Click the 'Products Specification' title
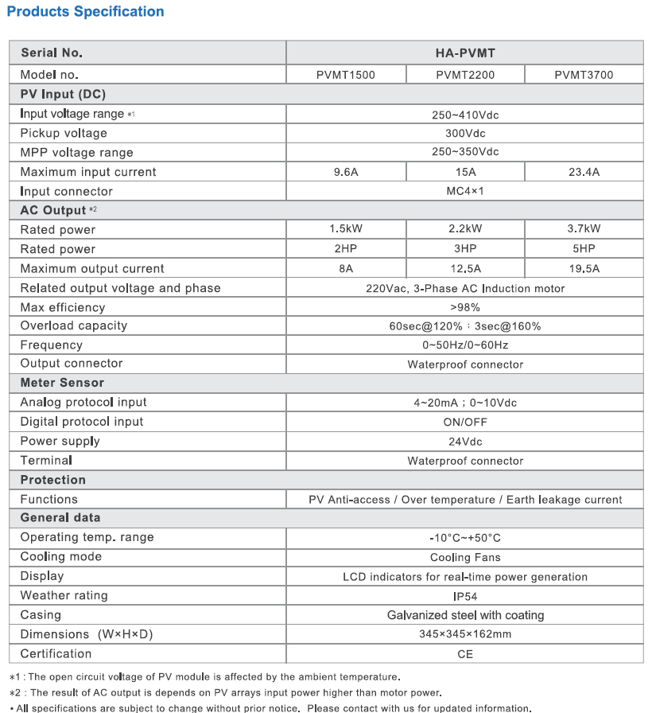click(x=85, y=12)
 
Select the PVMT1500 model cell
click(x=346, y=75)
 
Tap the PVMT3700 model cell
click(x=584, y=75)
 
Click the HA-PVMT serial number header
click(x=465, y=53)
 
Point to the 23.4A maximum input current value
click(x=584, y=172)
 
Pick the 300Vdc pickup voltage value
click(x=465, y=133)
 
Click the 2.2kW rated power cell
click(x=465, y=229)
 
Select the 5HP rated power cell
click(x=584, y=249)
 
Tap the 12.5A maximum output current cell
click(x=465, y=269)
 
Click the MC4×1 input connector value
click(x=465, y=191)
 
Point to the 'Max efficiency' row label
click(x=63, y=307)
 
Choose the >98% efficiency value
click(x=465, y=307)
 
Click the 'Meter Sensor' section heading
click(x=62, y=383)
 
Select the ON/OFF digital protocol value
click(x=465, y=422)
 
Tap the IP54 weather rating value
click(x=465, y=595)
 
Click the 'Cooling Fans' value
click(x=465, y=557)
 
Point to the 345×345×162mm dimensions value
click(x=465, y=634)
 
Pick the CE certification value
click(x=465, y=654)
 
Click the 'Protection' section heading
click(x=53, y=480)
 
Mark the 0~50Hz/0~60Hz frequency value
click(x=465, y=345)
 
